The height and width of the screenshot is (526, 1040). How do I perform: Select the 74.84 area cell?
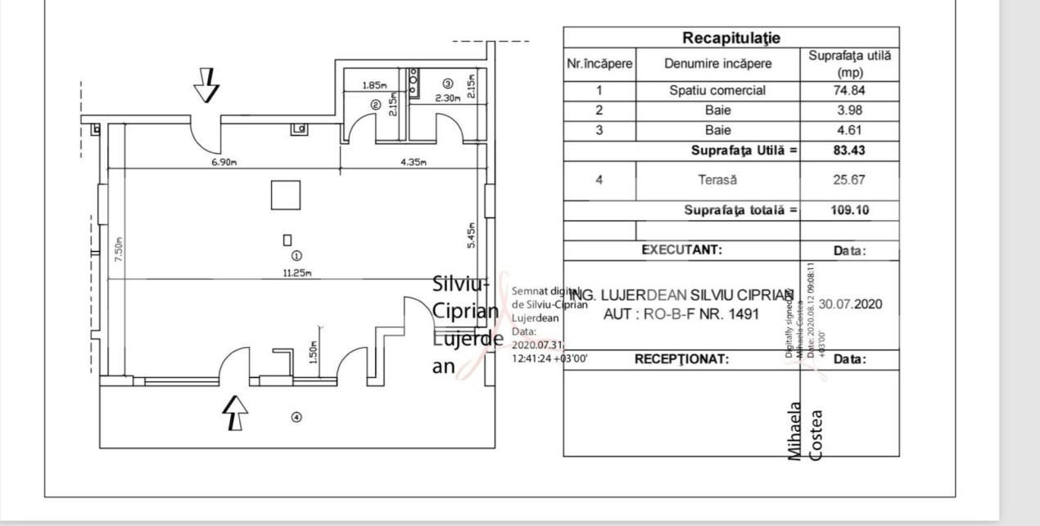tap(848, 91)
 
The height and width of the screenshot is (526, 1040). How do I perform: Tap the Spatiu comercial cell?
tap(717, 91)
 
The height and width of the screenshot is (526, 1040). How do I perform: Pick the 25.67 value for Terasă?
tap(848, 180)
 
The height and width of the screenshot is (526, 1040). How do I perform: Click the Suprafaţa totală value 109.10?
tap(848, 210)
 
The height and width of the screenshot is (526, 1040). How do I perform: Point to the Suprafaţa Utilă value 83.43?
tap(848, 151)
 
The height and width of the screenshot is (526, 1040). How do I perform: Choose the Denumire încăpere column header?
tap(717, 64)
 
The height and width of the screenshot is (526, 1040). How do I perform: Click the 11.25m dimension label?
tap(296, 273)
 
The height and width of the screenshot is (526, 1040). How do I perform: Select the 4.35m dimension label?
tap(414, 162)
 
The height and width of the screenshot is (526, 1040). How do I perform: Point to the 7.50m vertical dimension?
tap(119, 248)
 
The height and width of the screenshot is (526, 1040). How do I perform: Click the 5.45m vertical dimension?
tap(471, 235)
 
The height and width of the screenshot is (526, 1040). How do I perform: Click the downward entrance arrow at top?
tap(208, 85)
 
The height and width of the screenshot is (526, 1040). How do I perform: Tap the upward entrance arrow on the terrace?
tap(235, 412)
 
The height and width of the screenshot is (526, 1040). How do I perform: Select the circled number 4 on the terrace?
tap(296, 417)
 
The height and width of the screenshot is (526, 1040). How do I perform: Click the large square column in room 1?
tap(287, 196)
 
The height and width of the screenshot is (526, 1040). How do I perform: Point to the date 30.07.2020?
tap(850, 304)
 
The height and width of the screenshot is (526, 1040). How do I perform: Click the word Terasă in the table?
tap(717, 180)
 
